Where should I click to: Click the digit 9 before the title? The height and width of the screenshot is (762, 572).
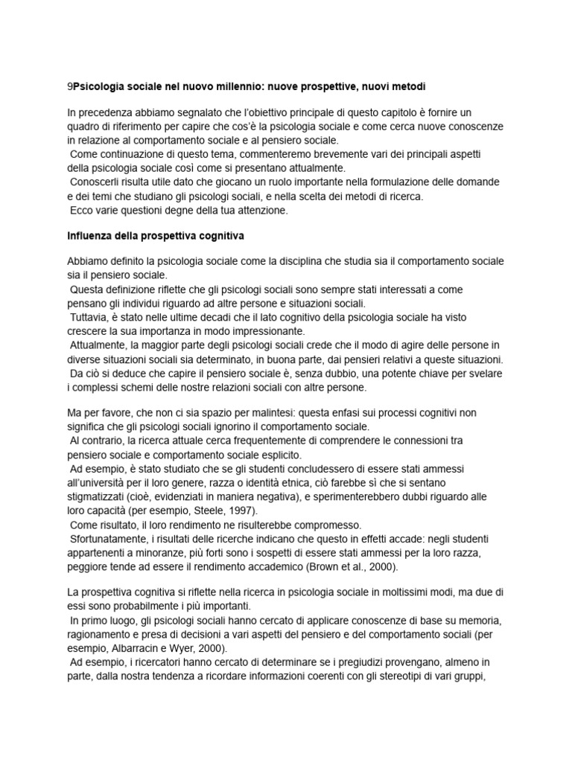pos(70,87)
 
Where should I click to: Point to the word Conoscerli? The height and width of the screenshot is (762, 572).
pos(95,182)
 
